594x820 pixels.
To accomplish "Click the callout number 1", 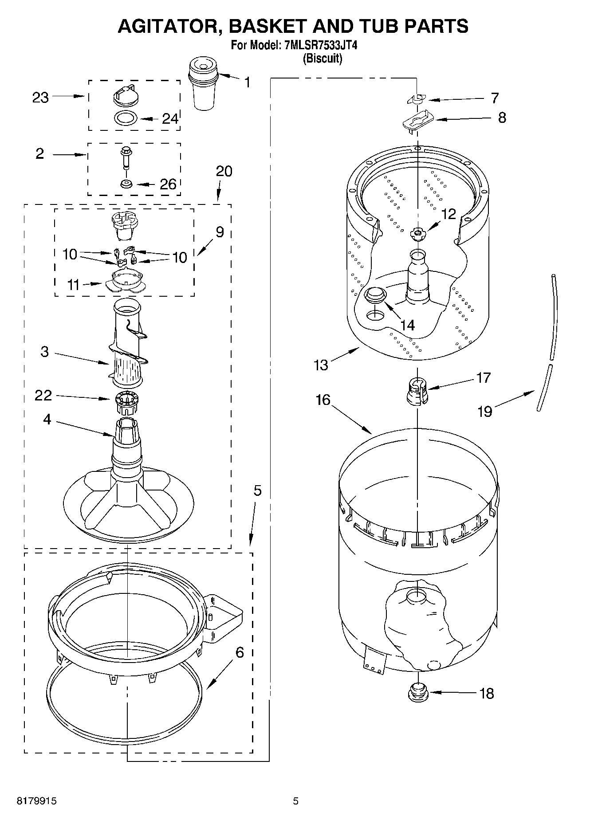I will point(247,82).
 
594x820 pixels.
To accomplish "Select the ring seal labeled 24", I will point(126,118).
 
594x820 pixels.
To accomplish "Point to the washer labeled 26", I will point(126,183).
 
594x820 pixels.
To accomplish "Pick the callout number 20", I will point(224,171).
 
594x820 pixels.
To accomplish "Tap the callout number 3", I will point(44,352).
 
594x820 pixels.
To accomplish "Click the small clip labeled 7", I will point(416,99).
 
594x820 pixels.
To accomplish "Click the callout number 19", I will point(484,411).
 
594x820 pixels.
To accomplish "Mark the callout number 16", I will point(323,400).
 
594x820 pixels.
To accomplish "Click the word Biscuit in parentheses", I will point(322,59).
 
